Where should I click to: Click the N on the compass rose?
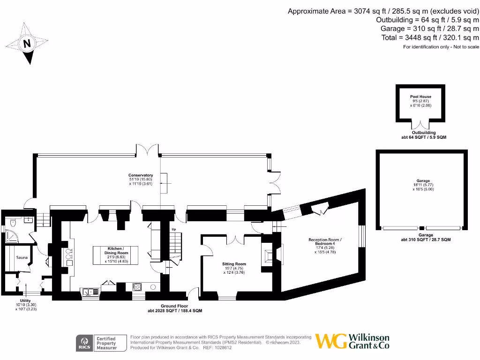click(27, 44)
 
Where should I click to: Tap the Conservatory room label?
click(141, 175)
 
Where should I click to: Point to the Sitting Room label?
click(234, 264)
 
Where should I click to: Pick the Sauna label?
click(22, 257)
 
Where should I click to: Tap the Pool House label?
click(420, 97)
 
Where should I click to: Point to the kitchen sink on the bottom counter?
click(91, 292)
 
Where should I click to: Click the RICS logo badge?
click(85, 343)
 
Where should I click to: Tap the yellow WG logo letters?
click(331, 341)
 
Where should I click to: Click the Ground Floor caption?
click(175, 306)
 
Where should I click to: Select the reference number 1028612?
click(222, 348)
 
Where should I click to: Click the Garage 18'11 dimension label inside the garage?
click(420, 185)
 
